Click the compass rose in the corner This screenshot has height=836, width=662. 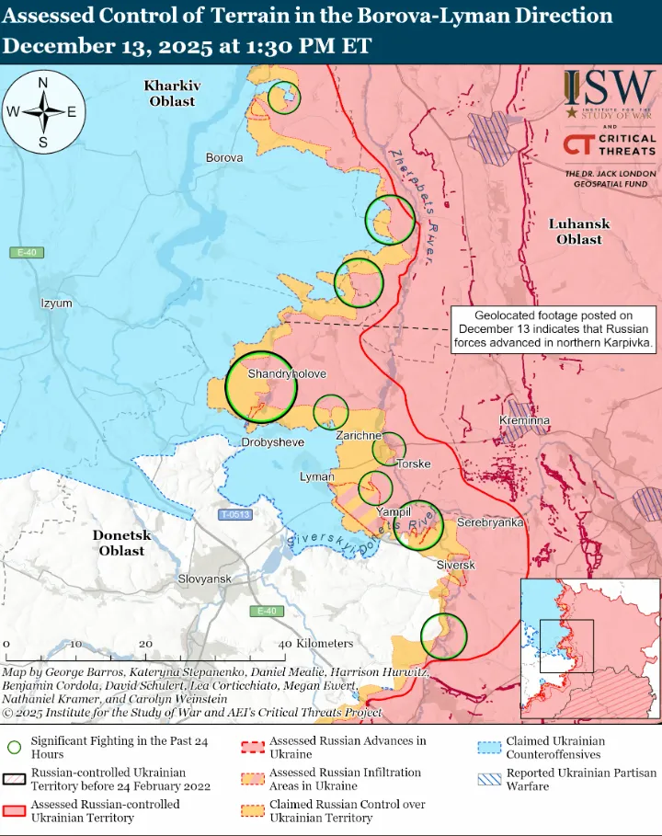[x=43, y=113]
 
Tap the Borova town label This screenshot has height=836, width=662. [x=224, y=158]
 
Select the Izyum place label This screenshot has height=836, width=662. [x=56, y=303]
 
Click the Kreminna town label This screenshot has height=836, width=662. [x=524, y=420]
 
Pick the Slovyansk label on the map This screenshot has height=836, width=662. [x=204, y=578]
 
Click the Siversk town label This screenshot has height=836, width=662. [x=455, y=565]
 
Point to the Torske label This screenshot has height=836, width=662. [x=414, y=464]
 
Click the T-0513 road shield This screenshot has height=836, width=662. [x=235, y=515]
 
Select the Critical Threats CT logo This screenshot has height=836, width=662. [x=578, y=144]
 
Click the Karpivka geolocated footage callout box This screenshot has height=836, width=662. [x=554, y=329]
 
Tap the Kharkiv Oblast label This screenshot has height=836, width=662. [x=172, y=93]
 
